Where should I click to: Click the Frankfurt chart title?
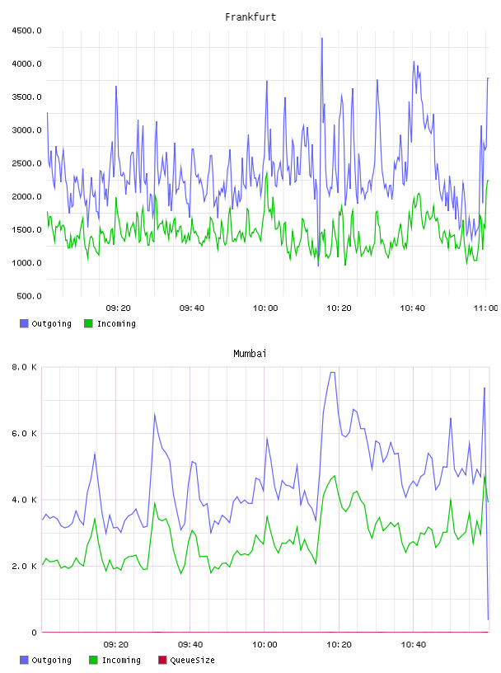[x=250, y=17]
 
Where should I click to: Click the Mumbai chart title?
[x=250, y=354]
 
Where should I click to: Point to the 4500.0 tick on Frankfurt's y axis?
[x=26, y=31]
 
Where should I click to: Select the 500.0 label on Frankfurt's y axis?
[x=29, y=296]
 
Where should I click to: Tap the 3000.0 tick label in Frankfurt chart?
[x=26, y=130]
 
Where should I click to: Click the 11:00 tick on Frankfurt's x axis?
[x=486, y=308]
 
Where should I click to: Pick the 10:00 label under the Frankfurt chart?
[x=265, y=308]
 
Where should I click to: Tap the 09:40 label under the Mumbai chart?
[x=190, y=645]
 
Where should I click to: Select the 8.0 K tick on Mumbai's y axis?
[x=24, y=367]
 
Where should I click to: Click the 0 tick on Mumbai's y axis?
[x=34, y=633]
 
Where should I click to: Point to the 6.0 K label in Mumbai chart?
[x=24, y=434]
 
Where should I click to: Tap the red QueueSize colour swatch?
[x=162, y=660]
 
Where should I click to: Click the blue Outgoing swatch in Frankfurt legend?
[x=24, y=323]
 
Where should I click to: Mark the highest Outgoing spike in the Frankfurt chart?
[x=321, y=38]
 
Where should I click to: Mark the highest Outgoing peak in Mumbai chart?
[x=332, y=372]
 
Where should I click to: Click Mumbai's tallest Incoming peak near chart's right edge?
[x=485, y=476]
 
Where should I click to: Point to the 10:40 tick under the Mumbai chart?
[x=414, y=645]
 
